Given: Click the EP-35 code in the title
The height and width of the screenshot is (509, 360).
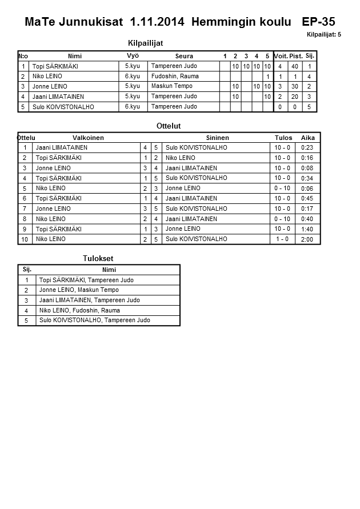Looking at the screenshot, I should (318, 22).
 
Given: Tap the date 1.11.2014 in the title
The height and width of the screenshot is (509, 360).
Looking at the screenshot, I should (157, 22).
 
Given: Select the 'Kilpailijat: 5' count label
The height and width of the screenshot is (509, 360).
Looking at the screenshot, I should (323, 35).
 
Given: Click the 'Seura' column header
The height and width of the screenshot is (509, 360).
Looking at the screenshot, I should (184, 56).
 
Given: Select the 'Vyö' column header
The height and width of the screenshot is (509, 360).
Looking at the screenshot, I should (133, 56).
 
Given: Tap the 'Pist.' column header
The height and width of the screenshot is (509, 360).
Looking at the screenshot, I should (296, 56).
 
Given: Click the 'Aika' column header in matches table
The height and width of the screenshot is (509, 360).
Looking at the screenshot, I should (308, 138).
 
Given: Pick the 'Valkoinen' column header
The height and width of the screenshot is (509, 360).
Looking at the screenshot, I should (88, 138).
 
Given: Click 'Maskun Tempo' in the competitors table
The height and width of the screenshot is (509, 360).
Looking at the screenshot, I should (171, 86).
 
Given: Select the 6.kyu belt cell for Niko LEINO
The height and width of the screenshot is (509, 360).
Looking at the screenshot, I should (132, 76).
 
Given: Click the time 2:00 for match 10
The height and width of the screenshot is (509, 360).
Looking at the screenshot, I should (307, 239).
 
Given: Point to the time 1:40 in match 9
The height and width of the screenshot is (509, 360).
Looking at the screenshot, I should (307, 229).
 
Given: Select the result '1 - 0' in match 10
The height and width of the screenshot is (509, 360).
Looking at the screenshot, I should (282, 239).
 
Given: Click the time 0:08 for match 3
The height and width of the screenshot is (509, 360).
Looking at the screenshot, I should (307, 168).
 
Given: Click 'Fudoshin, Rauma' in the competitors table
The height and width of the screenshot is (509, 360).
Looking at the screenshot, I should (175, 76).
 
